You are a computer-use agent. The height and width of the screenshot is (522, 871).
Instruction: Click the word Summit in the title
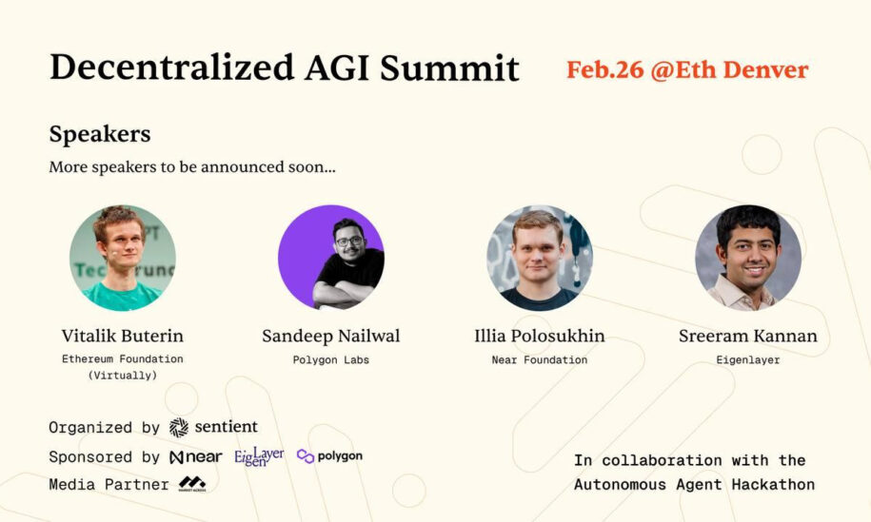click(x=449, y=68)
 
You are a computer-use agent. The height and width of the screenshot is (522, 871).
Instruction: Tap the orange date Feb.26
click(x=604, y=70)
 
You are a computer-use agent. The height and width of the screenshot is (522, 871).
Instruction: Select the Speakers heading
click(x=100, y=134)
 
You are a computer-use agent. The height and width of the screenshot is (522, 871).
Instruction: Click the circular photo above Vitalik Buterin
click(x=123, y=258)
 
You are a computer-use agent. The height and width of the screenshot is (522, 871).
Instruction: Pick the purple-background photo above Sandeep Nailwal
click(x=331, y=258)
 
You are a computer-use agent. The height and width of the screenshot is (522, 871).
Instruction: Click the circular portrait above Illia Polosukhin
click(x=540, y=258)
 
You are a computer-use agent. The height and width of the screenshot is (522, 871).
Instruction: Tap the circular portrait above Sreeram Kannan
click(x=748, y=258)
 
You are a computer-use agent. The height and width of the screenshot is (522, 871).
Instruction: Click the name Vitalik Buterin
click(x=122, y=336)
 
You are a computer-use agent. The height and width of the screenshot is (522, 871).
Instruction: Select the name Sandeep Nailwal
click(x=331, y=336)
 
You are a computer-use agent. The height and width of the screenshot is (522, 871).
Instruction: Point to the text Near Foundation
click(x=540, y=360)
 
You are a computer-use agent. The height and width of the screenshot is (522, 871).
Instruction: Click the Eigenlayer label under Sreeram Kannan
click(x=748, y=360)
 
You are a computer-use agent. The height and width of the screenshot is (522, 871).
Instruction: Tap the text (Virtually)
click(x=123, y=376)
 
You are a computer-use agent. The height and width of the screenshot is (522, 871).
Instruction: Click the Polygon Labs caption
click(x=331, y=360)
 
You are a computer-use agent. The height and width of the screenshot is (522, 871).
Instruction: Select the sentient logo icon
click(x=179, y=427)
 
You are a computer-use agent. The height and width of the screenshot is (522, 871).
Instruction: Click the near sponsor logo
click(x=195, y=457)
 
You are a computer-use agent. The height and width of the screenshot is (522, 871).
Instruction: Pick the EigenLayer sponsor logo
click(x=259, y=456)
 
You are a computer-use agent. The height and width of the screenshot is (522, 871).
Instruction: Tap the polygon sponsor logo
click(x=329, y=456)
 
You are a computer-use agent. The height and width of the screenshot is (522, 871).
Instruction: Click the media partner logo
click(x=192, y=484)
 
